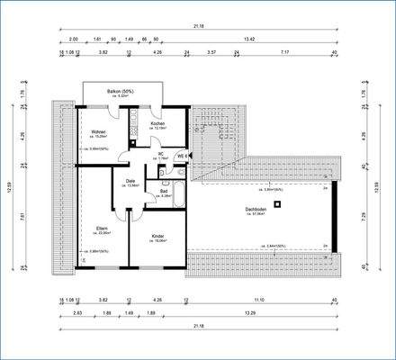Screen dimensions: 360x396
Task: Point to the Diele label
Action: click(130, 181)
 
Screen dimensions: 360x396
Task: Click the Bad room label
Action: click(164, 190)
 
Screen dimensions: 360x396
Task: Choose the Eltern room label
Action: click(102, 228)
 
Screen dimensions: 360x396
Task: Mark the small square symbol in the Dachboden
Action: click(279, 204)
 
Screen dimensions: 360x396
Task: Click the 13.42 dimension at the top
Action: click(256, 40)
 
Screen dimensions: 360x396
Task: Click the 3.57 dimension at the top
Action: click(211, 52)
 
